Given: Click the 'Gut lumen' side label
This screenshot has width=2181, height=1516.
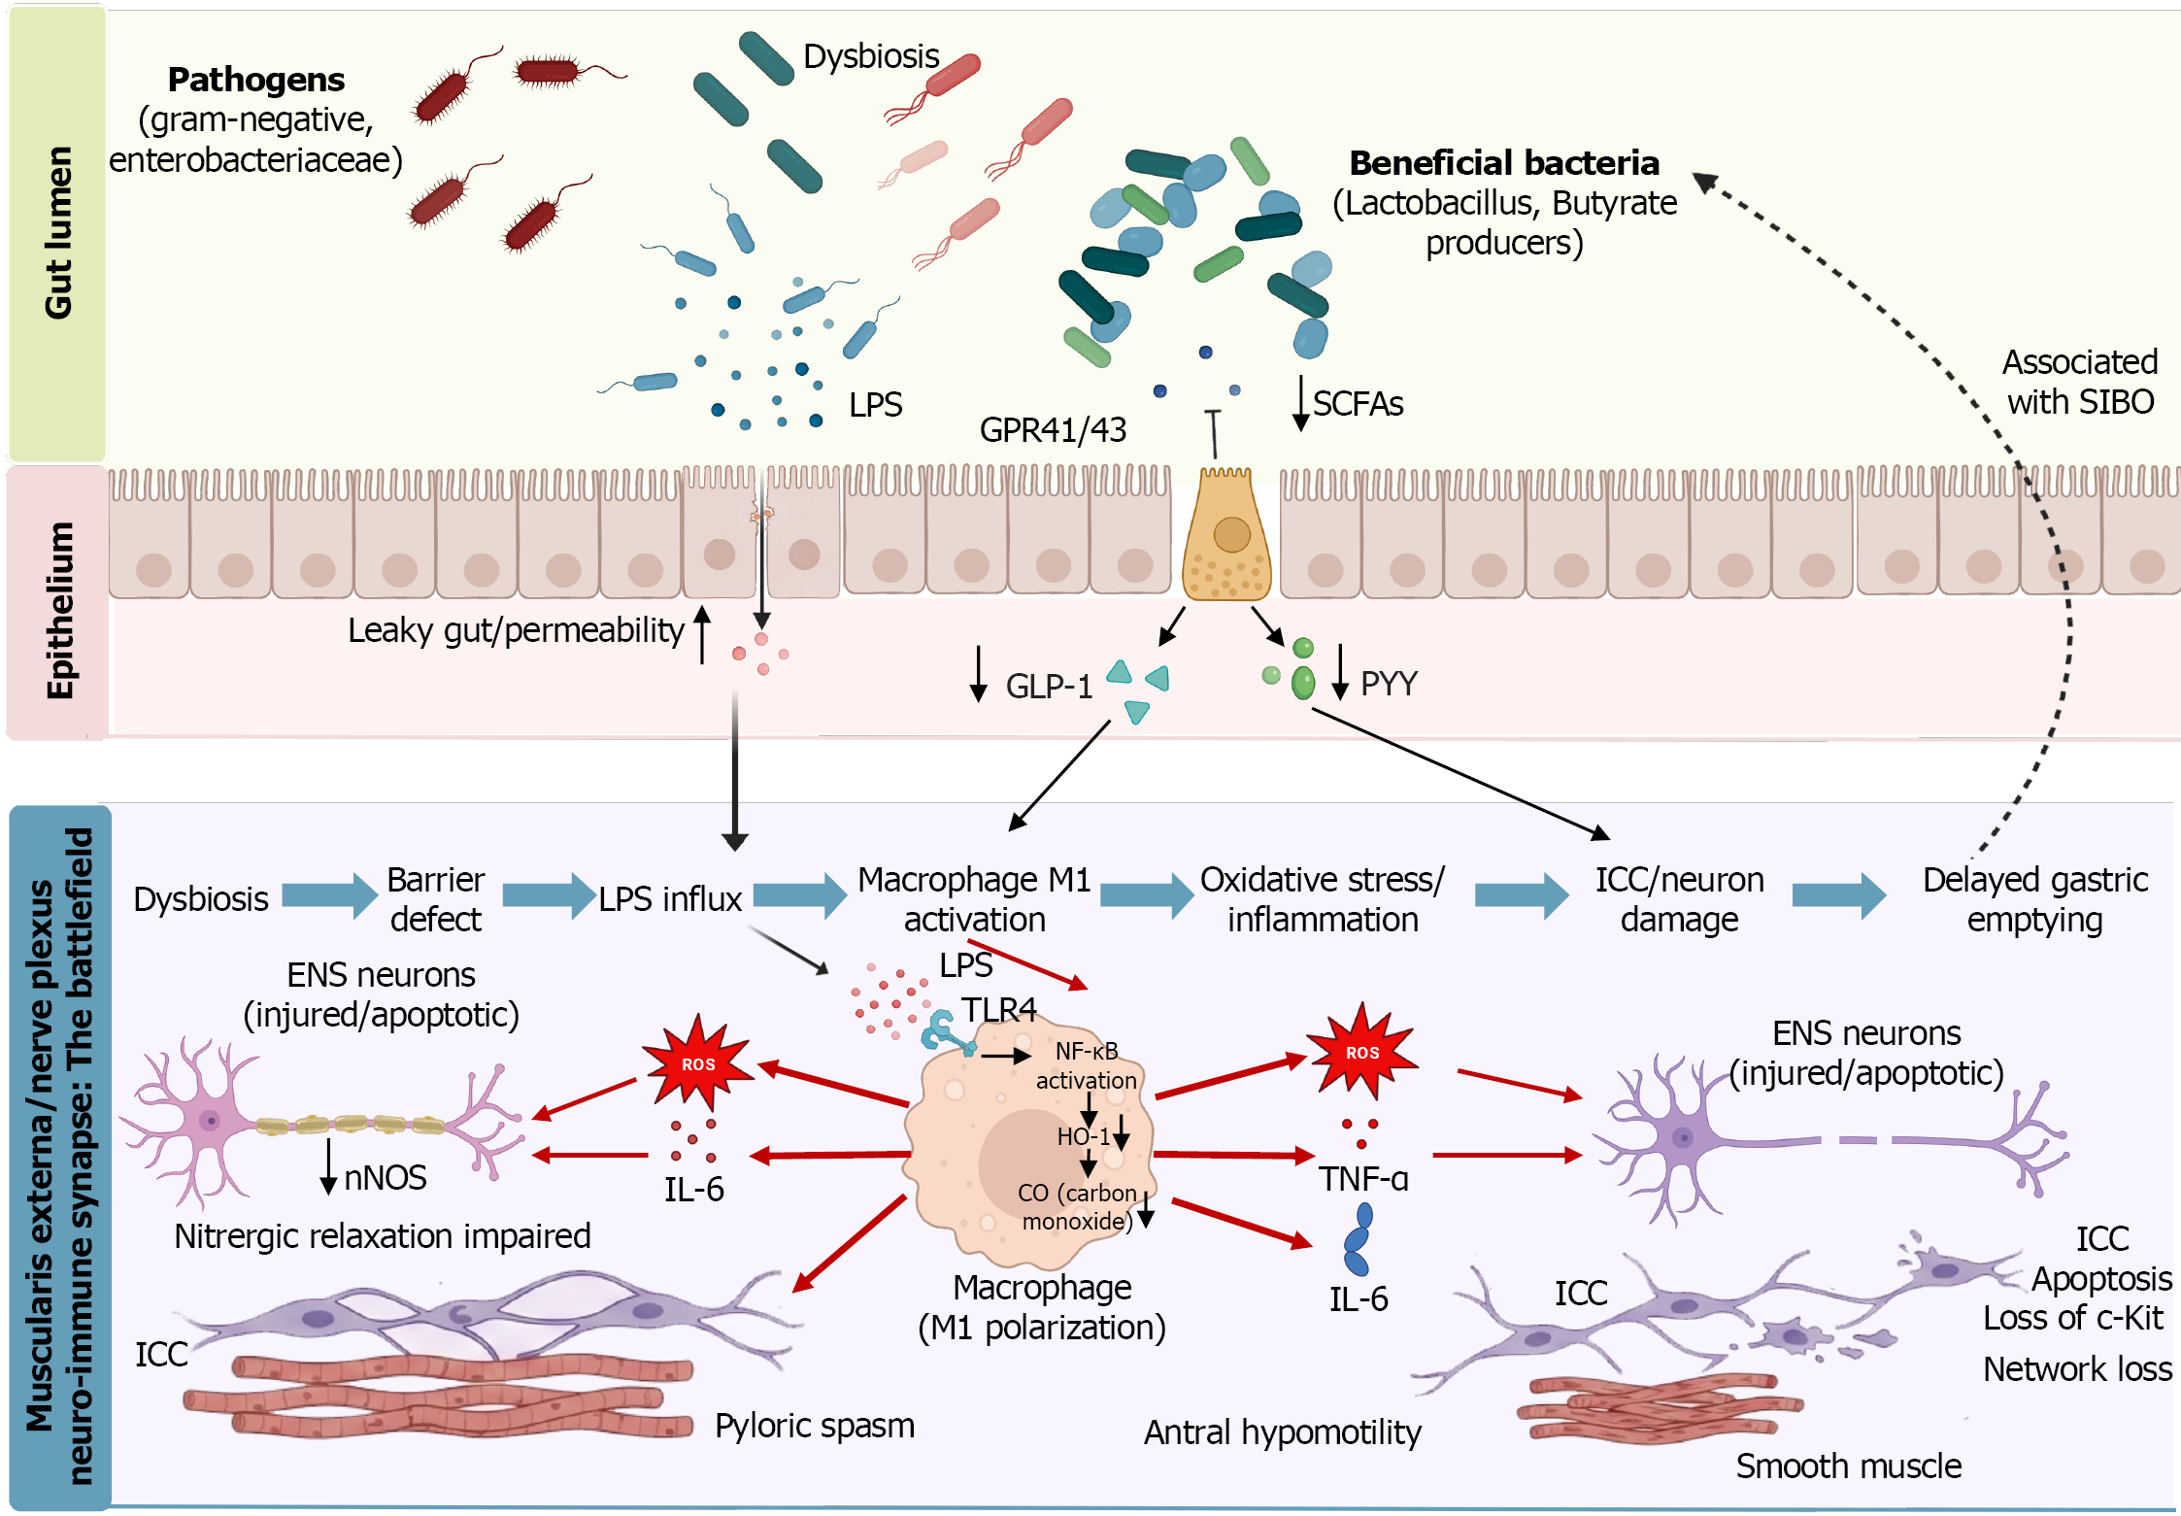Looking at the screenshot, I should point(58,233).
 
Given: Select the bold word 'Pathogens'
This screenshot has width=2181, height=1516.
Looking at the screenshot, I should point(255,80).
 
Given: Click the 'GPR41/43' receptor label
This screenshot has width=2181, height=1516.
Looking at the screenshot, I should point(1053,429).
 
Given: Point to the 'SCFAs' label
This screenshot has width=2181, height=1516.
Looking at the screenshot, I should point(1358,403).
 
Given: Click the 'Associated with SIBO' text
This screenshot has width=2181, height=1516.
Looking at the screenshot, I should point(2079,382).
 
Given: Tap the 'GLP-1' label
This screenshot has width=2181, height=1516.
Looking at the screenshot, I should point(1049,686).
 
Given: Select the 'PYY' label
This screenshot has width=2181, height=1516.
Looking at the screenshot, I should point(1389,684).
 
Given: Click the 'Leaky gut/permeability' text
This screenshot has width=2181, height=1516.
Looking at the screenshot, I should point(516,630).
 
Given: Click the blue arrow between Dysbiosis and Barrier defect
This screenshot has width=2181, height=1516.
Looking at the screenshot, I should point(329,895).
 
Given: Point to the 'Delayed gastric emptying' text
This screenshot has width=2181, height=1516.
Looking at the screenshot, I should point(2034,899).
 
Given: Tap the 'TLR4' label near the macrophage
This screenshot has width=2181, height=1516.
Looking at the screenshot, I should point(998,1009).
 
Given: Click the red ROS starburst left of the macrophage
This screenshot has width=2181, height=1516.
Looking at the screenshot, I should point(697,1062).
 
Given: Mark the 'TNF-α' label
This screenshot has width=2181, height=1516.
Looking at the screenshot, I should point(1363,1179).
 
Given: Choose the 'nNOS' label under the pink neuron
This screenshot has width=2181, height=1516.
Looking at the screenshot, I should point(386,1178).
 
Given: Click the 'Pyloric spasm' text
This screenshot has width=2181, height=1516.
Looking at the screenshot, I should point(814,1426).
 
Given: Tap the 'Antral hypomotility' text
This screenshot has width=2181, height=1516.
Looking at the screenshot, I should point(1282,1432).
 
